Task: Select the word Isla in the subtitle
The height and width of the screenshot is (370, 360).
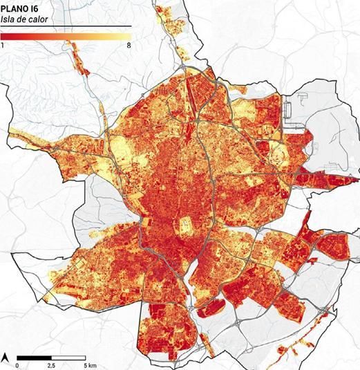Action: click(8, 19)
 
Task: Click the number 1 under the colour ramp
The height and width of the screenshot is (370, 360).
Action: click(3, 45)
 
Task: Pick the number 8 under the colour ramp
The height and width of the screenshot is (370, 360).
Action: click(129, 45)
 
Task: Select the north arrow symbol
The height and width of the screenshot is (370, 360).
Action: click(6, 357)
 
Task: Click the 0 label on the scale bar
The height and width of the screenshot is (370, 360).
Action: click(17, 364)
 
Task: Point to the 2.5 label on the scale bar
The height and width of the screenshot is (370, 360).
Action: click(51, 364)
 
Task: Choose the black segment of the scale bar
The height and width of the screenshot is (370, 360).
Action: click(34, 357)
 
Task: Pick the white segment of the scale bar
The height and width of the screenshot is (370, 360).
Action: click(68, 357)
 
